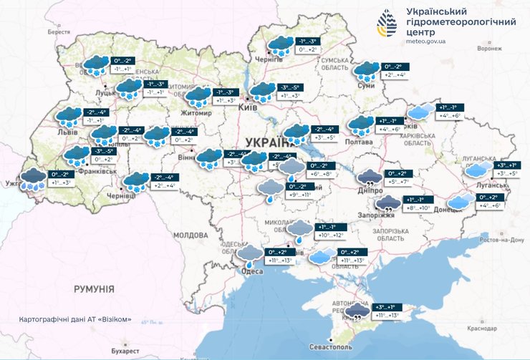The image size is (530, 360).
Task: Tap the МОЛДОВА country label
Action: click(x=190, y=235)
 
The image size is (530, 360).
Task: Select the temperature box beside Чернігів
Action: click(x=309, y=46)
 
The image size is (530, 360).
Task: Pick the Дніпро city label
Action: click(x=369, y=191)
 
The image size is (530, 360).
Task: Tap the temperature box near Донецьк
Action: click(x=491, y=201)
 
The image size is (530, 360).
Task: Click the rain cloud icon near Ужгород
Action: click(x=32, y=178)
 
